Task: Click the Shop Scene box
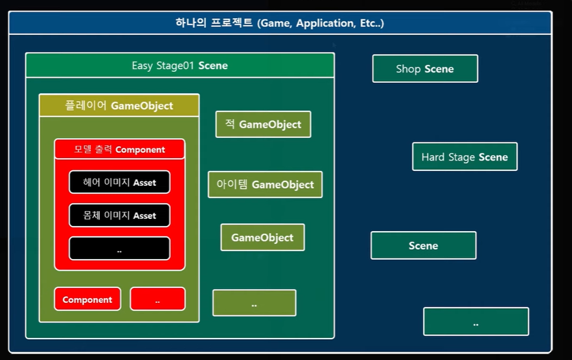(x=425, y=69)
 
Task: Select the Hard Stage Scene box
(x=464, y=157)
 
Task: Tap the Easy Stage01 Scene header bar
(x=179, y=65)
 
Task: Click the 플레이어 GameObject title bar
(x=119, y=105)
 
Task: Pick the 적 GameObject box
(x=263, y=124)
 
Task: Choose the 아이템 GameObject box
(x=265, y=185)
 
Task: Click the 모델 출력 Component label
(x=120, y=150)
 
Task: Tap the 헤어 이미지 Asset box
(x=120, y=183)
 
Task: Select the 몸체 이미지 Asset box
(x=120, y=216)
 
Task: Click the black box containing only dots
(x=120, y=249)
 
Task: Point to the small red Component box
(x=87, y=299)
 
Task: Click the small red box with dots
(x=157, y=299)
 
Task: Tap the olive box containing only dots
(x=254, y=303)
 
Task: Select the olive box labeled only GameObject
(x=262, y=238)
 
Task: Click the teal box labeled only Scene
(x=423, y=245)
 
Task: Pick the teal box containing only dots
(x=476, y=322)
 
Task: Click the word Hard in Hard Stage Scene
(x=433, y=157)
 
